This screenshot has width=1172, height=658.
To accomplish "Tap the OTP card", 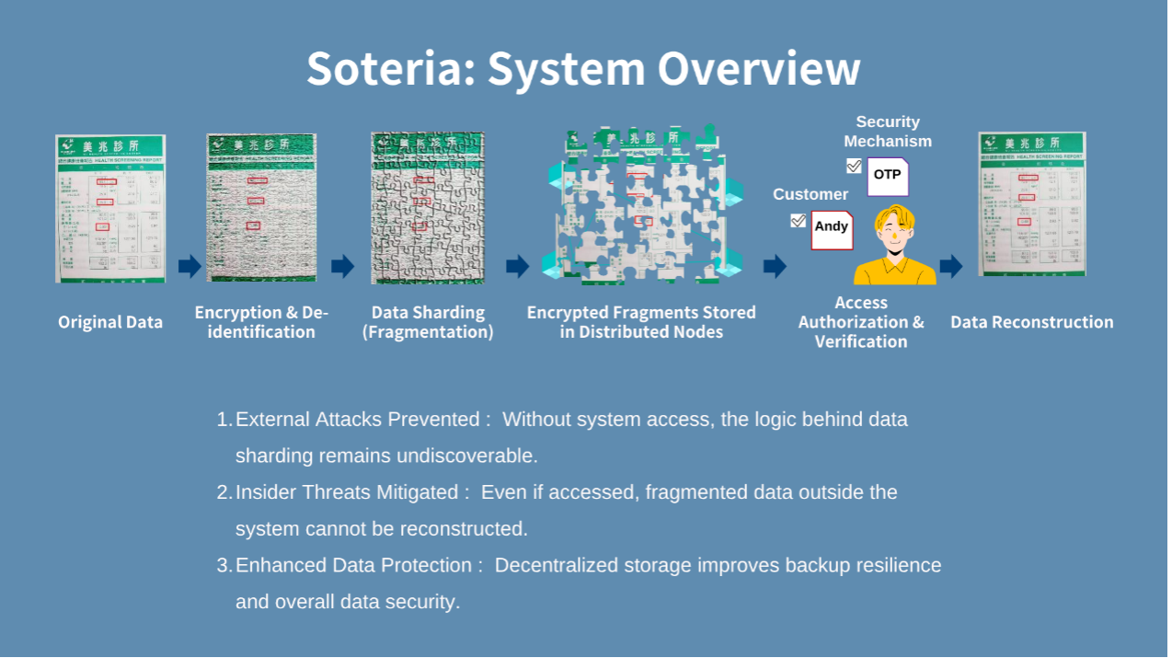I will pos(888,175).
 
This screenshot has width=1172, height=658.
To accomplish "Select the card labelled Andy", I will pos(832,228).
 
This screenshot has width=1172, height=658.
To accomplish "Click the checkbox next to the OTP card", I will pos(854,166).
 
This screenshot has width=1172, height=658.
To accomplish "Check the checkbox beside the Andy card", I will pos(798,221).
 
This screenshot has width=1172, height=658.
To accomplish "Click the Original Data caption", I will pos(110,322).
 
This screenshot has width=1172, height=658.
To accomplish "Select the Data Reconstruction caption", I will pos(1031,322).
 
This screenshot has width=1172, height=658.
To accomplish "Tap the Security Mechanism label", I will pos(888,132).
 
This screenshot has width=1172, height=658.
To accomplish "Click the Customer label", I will pos(810,194).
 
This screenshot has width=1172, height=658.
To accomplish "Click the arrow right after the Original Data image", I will pos(190,266).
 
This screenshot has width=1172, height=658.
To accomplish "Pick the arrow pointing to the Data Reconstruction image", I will pos(950,266).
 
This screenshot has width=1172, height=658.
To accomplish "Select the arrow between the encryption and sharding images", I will pos(342,266).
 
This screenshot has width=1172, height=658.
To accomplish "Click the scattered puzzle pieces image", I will pos(641,204).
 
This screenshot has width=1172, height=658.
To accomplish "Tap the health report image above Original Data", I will pos(110,208).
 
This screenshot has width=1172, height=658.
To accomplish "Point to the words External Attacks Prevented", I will pos(357,420).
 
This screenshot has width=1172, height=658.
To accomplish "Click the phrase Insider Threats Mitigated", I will pos(346,492).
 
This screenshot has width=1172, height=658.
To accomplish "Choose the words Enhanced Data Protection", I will pos(359,565).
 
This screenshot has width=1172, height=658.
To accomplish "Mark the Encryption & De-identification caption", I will pos(261,322).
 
